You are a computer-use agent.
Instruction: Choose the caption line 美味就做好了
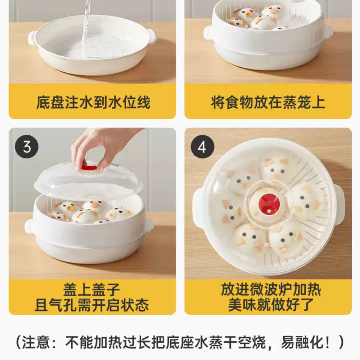pos(271,306)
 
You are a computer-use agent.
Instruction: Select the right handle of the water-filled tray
pos(152,36)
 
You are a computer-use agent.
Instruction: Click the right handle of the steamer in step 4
pos(339,205)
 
